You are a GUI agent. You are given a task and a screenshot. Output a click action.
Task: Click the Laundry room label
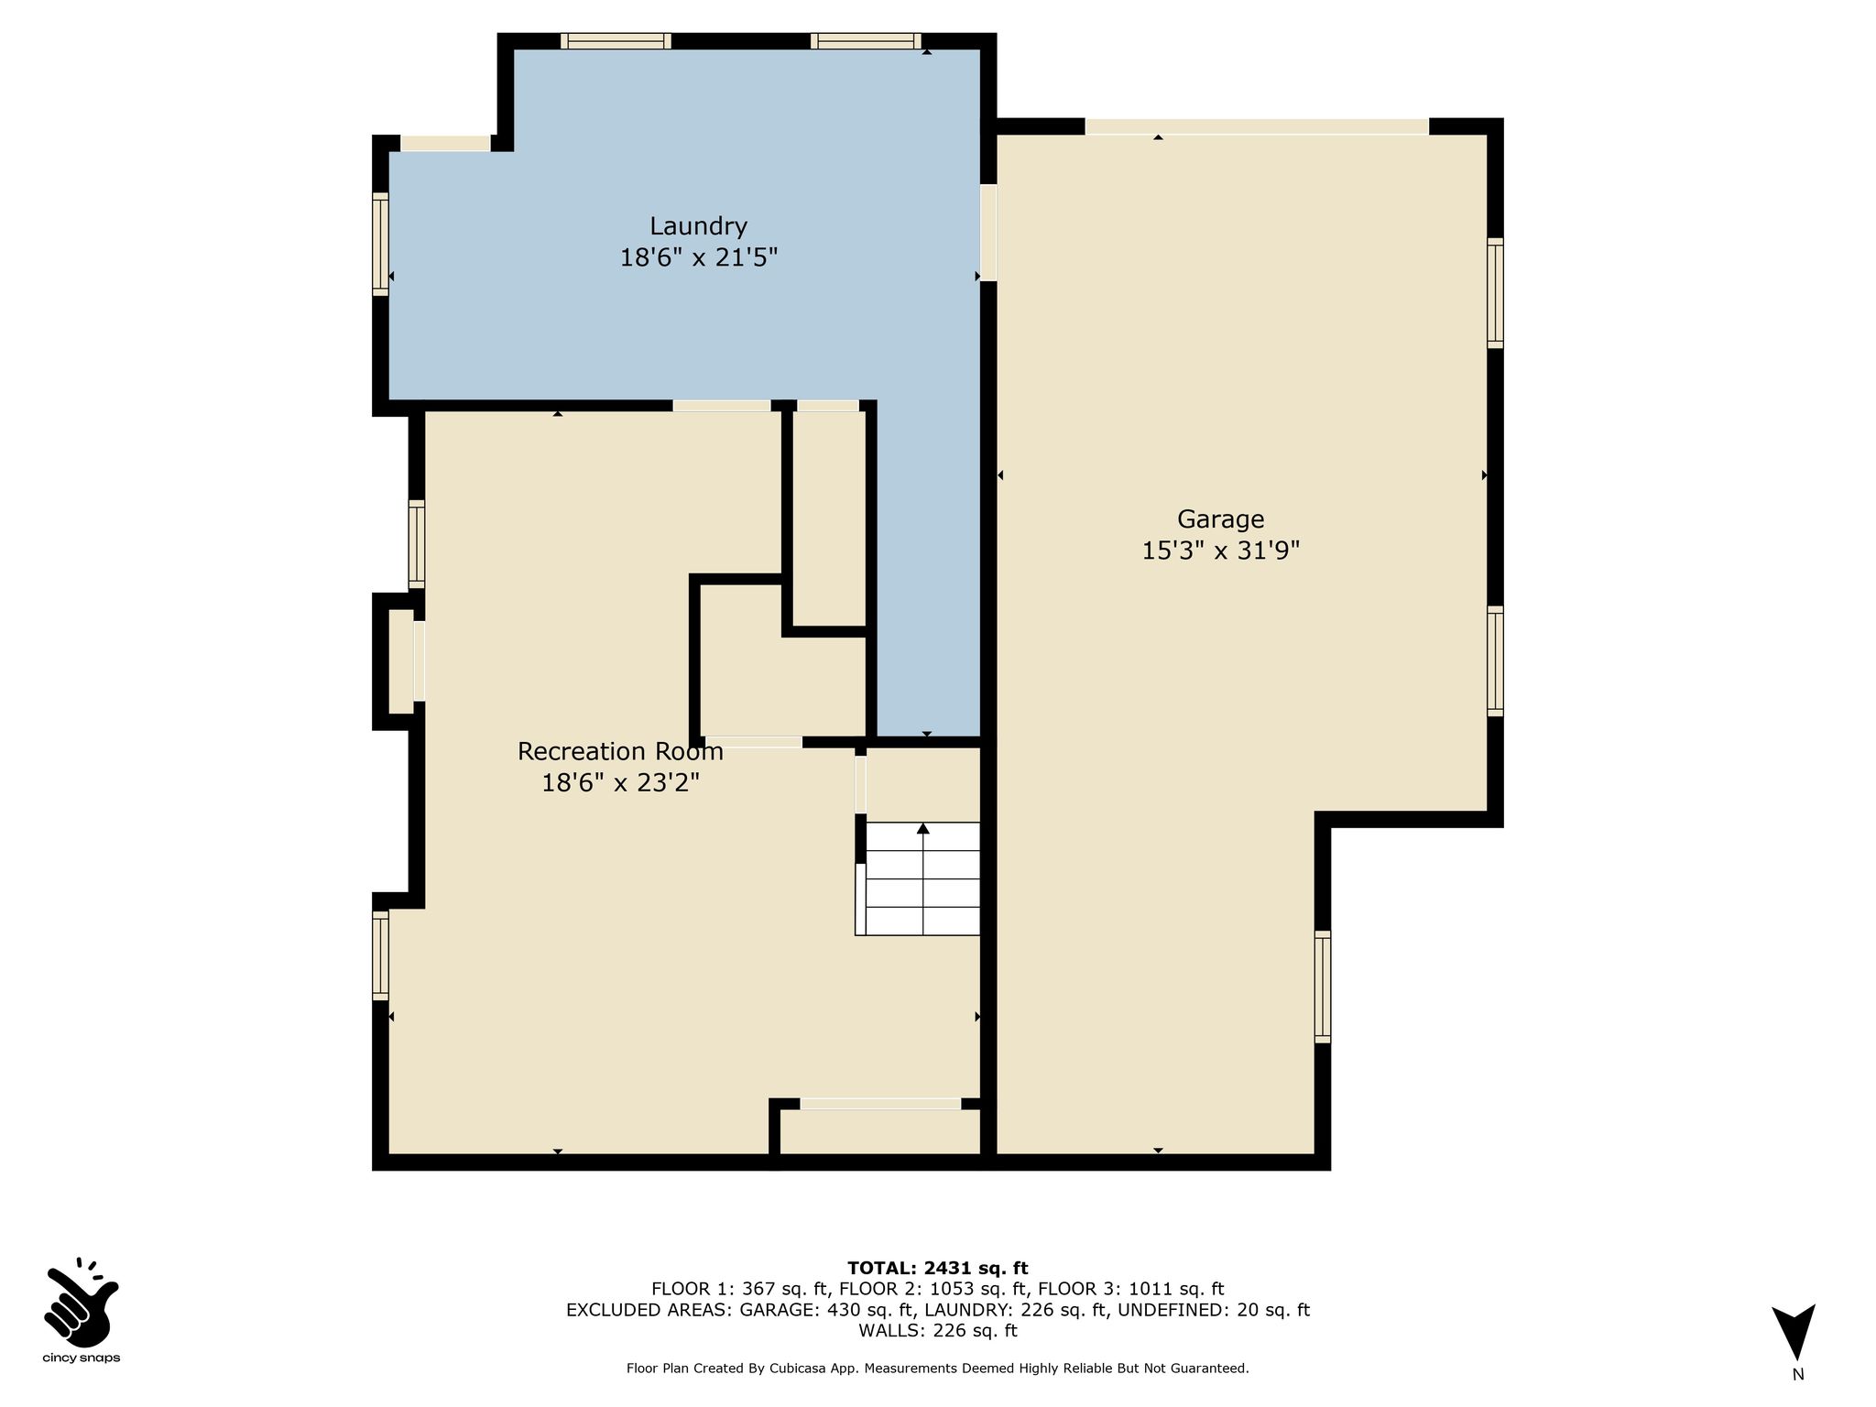[x=699, y=227]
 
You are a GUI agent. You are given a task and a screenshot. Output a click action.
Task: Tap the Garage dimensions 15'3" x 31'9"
[x=1221, y=551]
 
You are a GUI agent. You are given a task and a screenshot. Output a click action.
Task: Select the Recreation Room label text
[x=620, y=751]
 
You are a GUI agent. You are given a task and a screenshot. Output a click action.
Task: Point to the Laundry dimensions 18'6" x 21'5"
[x=699, y=257]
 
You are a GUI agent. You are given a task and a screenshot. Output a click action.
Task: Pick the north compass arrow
[x=1794, y=1332]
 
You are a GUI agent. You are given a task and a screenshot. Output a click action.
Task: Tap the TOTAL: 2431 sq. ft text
[x=938, y=1269]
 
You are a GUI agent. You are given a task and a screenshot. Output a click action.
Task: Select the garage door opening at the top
[x=1257, y=126]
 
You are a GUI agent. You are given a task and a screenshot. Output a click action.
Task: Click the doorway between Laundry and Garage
[x=988, y=233]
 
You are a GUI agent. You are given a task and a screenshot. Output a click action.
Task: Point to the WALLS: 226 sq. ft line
[x=938, y=1331]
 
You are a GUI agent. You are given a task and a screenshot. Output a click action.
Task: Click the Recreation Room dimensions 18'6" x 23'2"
[x=620, y=783]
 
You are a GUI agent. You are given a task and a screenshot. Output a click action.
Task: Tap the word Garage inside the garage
[x=1221, y=519]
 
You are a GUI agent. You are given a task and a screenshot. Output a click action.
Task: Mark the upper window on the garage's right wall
[x=1495, y=293]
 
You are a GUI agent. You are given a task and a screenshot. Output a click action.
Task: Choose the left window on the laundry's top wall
[x=616, y=41]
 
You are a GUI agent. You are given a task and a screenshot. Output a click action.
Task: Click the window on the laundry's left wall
[x=380, y=244]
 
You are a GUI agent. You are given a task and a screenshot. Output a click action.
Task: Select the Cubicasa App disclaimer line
[x=938, y=1369]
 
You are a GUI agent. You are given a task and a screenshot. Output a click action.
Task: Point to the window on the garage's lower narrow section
[x=1322, y=987]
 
